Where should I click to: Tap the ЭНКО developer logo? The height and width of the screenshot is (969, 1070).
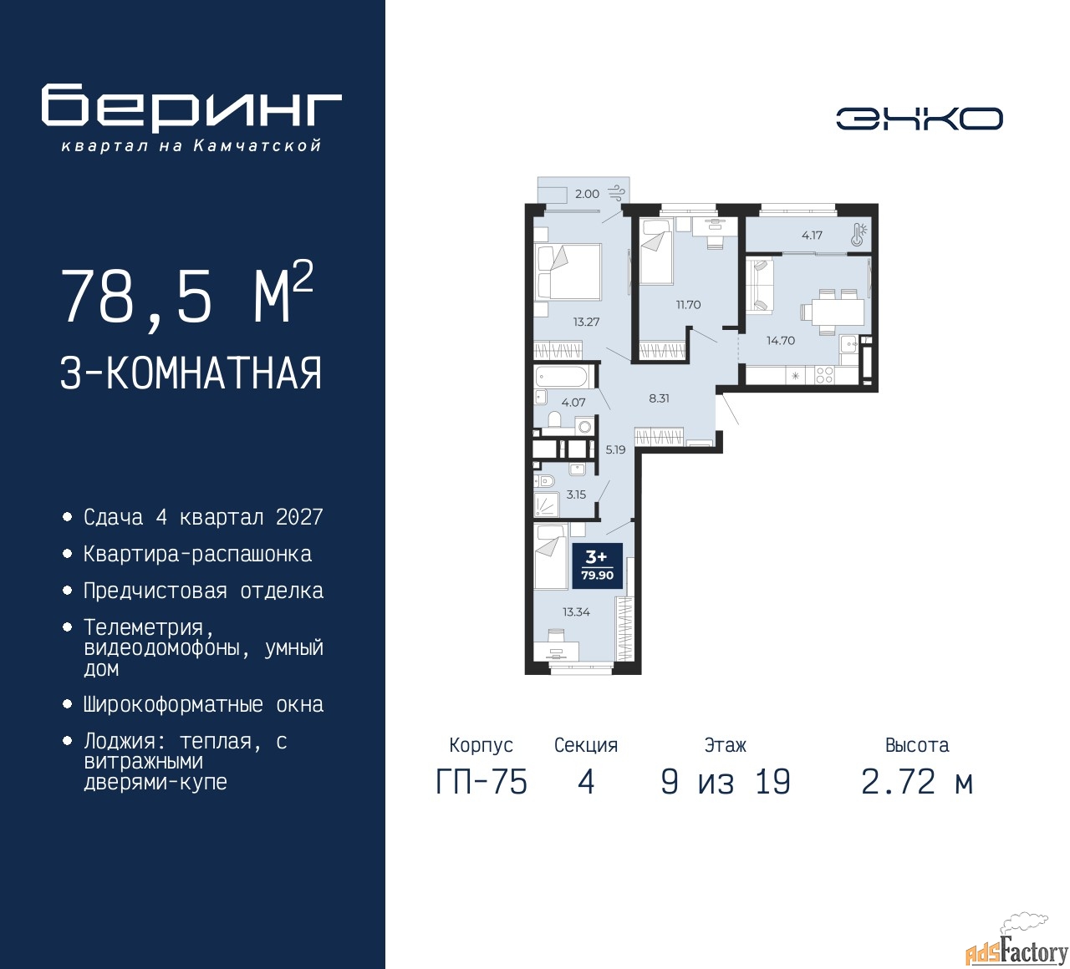[919, 119]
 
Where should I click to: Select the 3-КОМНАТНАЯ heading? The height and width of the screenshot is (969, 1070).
[191, 373]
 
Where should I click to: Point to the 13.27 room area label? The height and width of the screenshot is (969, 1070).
[586, 322]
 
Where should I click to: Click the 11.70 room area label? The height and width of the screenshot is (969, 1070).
[688, 305]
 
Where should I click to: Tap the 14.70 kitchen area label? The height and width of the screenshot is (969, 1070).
[781, 341]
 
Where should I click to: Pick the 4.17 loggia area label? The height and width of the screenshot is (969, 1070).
[812, 235]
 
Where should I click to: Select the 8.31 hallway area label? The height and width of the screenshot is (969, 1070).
[659, 398]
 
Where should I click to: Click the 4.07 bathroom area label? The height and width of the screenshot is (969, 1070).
[573, 403]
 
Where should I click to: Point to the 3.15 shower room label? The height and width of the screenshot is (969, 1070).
[576, 494]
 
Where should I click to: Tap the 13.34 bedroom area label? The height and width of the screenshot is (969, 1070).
[576, 611]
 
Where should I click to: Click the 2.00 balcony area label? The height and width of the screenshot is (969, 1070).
[587, 194]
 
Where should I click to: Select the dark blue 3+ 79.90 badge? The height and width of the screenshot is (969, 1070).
[597, 566]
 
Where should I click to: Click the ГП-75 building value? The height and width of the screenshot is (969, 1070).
[481, 783]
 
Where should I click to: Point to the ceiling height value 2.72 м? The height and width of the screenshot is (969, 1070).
[917, 783]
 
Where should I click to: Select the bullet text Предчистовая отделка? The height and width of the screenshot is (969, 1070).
[203, 591]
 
